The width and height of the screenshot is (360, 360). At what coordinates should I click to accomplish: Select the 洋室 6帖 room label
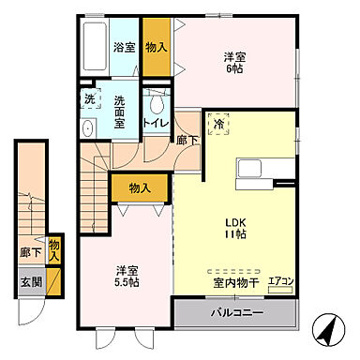pos(232,62)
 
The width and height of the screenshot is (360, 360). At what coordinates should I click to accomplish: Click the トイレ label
pos(155,123)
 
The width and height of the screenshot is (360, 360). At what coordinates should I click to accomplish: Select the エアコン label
pos(280,279)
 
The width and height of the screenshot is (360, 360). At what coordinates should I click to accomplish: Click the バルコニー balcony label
pos(235,312)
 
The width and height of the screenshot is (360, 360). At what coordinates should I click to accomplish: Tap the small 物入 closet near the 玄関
pos(53,249)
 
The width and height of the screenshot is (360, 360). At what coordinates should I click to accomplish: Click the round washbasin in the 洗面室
pos(88,128)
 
